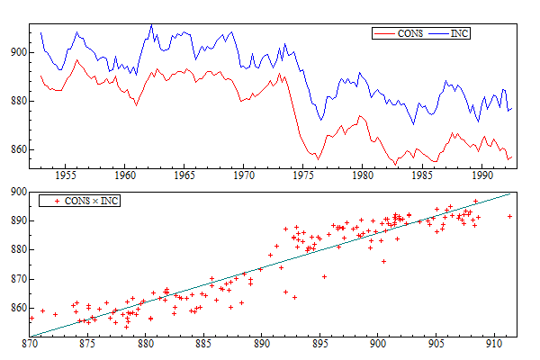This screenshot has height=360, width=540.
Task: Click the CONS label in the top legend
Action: pos(410,33)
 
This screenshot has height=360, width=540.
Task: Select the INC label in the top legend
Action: pos(459,33)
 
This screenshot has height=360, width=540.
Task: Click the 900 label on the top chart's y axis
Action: pos(19,52)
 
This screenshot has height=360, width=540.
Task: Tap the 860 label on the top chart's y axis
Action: pos(19,149)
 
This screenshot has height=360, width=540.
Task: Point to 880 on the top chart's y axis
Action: pos(19,101)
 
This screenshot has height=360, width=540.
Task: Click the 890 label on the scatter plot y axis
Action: pos(19,220)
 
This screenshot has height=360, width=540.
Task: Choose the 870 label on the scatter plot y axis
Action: pos(19,279)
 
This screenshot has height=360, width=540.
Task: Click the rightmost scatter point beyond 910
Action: pos(509,216)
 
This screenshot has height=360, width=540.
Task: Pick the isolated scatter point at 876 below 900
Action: pos(383,261)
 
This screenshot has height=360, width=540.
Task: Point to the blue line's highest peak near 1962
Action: pos(151,25)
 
